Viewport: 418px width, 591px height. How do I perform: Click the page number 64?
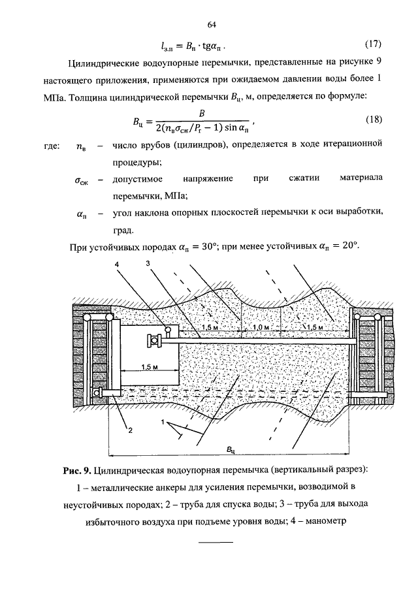tap(212, 25)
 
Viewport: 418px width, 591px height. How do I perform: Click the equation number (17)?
tap(373, 44)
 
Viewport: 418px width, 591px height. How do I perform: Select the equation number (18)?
tap(374, 120)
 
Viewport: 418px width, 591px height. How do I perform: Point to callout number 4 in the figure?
tap(117, 264)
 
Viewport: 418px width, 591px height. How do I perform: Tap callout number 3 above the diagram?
tap(148, 263)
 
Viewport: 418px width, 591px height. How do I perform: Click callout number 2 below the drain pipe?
tap(130, 430)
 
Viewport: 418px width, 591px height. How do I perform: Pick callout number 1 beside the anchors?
tap(163, 422)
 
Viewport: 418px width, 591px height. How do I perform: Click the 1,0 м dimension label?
tap(261, 327)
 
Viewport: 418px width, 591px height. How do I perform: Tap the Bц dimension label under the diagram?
tap(231, 449)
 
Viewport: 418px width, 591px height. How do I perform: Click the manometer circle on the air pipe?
tap(168, 330)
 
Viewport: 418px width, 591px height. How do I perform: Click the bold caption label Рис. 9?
tap(77, 470)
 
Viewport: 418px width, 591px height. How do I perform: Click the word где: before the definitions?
tap(52, 146)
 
